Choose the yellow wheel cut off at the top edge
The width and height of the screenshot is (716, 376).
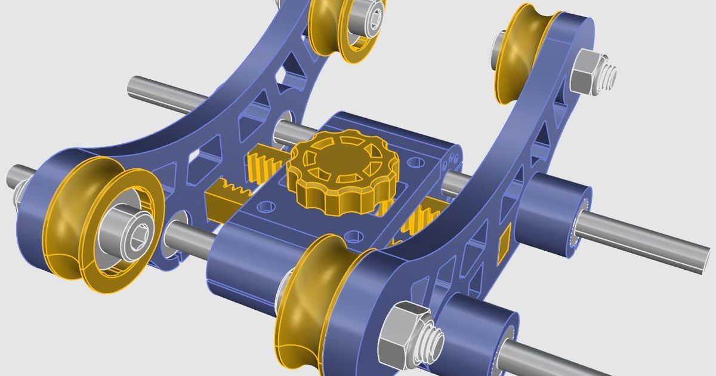(334, 24)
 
